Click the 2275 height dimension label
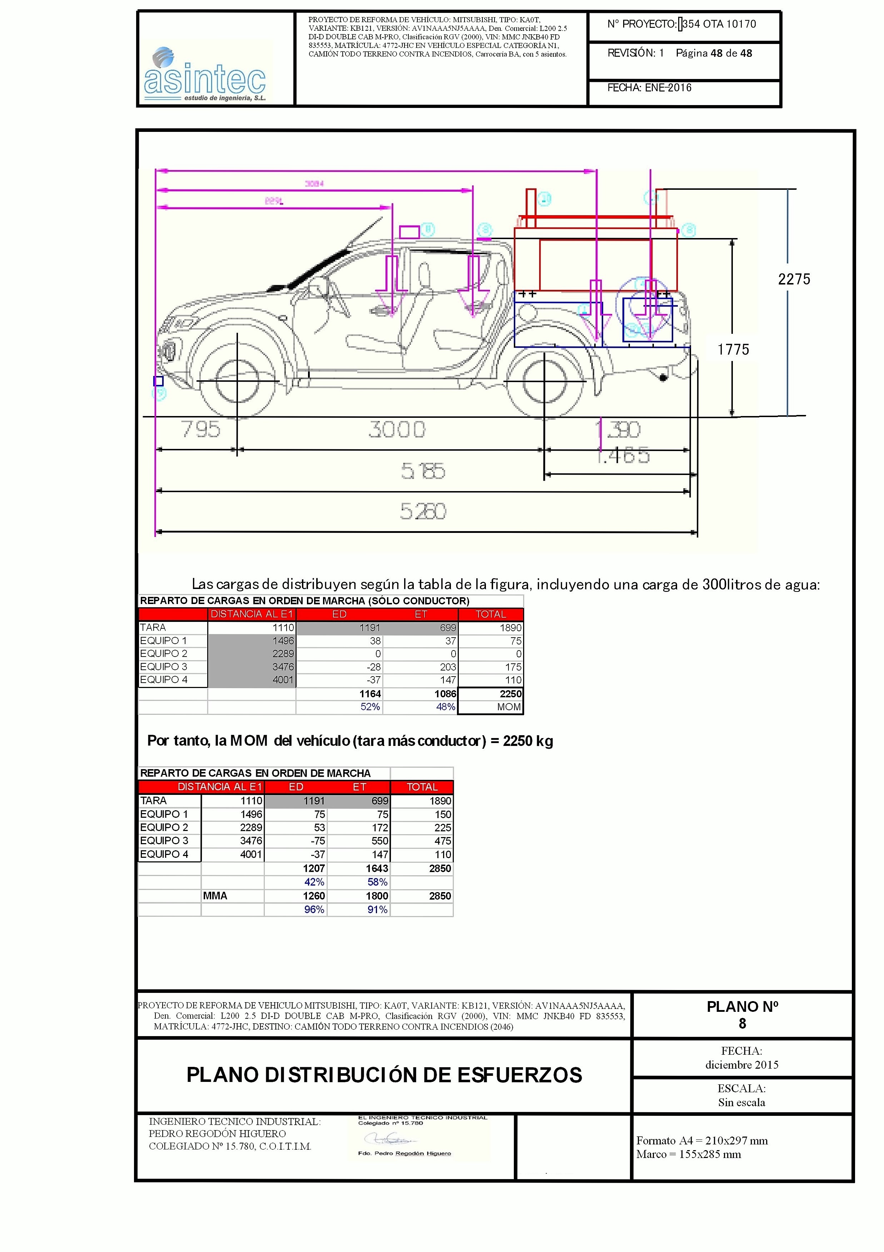point(794,279)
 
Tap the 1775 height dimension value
point(733,350)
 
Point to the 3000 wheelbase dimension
point(397,430)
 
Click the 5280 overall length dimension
point(423,511)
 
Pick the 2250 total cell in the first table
point(510,694)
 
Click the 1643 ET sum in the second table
point(377,868)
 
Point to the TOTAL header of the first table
point(491,614)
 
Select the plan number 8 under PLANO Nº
point(742,1024)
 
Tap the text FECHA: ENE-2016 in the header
point(649,88)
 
